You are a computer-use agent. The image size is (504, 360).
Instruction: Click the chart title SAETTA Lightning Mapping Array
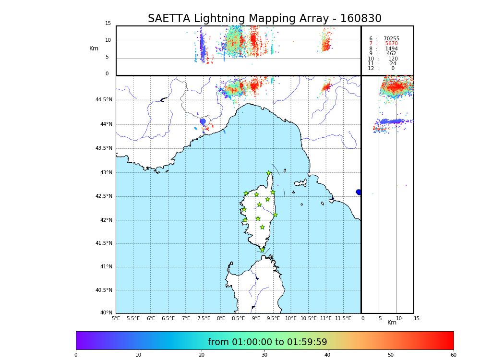tap(264, 19)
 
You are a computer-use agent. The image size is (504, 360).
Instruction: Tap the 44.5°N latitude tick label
tap(103, 100)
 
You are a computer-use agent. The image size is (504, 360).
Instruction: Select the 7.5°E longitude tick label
tap(204, 318)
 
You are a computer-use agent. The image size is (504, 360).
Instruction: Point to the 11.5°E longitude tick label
tap(343, 318)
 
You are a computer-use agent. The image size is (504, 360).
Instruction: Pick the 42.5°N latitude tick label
tap(103, 196)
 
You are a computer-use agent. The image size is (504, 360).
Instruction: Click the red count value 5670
tap(391, 44)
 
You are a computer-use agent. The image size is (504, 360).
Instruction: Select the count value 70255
tap(391, 39)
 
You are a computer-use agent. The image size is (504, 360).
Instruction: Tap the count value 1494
tap(391, 49)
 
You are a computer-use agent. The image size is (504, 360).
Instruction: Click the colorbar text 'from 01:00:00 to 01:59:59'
tap(267, 342)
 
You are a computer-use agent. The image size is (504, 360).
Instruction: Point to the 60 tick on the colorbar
tap(453, 355)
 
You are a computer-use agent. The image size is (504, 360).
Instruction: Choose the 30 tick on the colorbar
tap(264, 355)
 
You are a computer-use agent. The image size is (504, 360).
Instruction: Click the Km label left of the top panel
tap(94, 48)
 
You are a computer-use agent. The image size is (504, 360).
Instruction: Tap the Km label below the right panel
tap(392, 323)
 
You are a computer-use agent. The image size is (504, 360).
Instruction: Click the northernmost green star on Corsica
tap(269, 173)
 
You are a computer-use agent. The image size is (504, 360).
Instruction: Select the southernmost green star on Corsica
tap(262, 250)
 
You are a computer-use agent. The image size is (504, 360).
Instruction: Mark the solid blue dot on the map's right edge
tap(359, 192)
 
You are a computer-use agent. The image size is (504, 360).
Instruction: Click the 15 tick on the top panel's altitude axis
tap(108, 24)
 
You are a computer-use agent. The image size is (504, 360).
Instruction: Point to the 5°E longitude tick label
tap(116, 318)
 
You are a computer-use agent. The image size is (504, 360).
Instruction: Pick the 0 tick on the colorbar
tap(76, 355)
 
